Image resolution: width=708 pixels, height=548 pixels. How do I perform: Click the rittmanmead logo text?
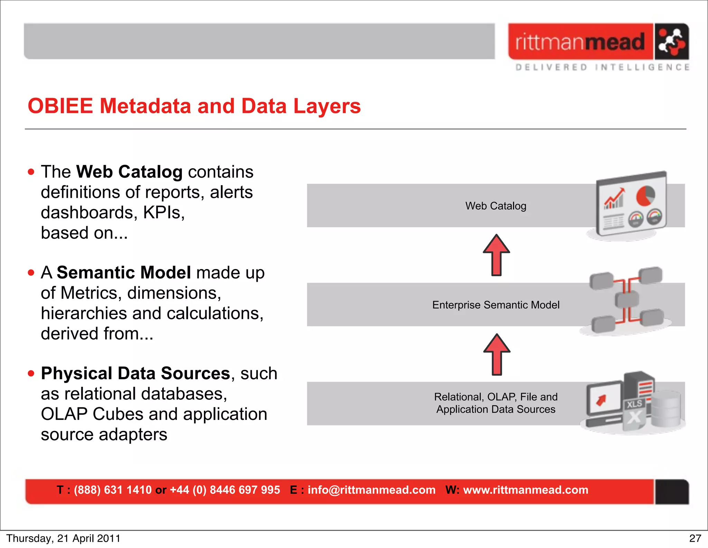(x=580, y=42)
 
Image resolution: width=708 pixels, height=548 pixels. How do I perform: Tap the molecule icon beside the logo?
(x=671, y=42)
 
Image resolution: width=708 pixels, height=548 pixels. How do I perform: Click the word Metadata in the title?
(x=145, y=106)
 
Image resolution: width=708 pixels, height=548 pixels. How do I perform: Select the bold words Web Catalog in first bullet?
(x=129, y=172)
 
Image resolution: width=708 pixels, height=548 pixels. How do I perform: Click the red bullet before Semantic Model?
(x=31, y=273)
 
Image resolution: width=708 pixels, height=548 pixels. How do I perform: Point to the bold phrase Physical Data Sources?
(x=136, y=374)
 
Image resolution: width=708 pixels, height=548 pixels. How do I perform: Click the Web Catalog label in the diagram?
(x=496, y=206)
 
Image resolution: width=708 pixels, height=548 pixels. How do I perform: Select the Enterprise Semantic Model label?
(x=496, y=305)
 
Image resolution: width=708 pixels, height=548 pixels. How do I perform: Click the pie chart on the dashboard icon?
(x=645, y=196)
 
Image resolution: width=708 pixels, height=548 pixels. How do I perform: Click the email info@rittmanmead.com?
(x=371, y=490)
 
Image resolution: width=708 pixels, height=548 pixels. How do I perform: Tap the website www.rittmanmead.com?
(x=525, y=490)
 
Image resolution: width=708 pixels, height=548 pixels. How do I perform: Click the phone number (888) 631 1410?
(x=113, y=490)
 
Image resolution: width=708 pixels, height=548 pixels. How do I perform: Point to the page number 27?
(x=695, y=538)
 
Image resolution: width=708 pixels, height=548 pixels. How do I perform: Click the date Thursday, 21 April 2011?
(x=63, y=538)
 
